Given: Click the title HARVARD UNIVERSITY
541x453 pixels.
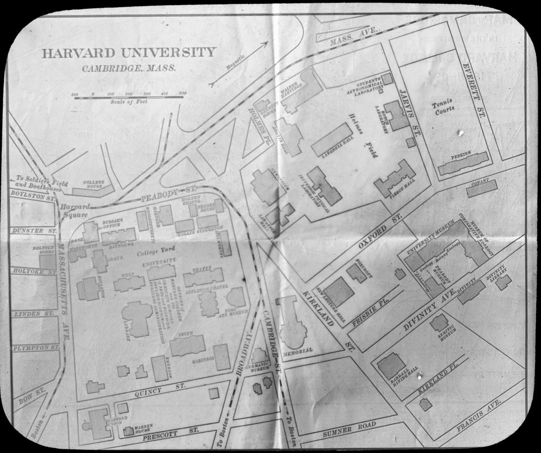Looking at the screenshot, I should coord(129,52).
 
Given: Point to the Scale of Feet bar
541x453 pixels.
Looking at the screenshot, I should coord(129,96).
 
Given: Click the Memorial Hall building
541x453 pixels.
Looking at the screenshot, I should coord(292,325).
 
